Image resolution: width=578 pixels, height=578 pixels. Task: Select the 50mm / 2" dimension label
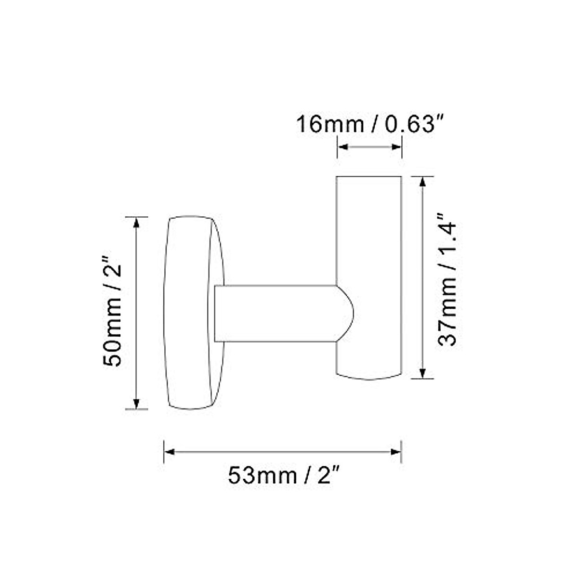[x=115, y=313]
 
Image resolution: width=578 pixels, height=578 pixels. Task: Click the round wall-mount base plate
[x=190, y=313]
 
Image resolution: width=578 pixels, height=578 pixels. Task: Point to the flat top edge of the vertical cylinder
[x=369, y=177]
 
